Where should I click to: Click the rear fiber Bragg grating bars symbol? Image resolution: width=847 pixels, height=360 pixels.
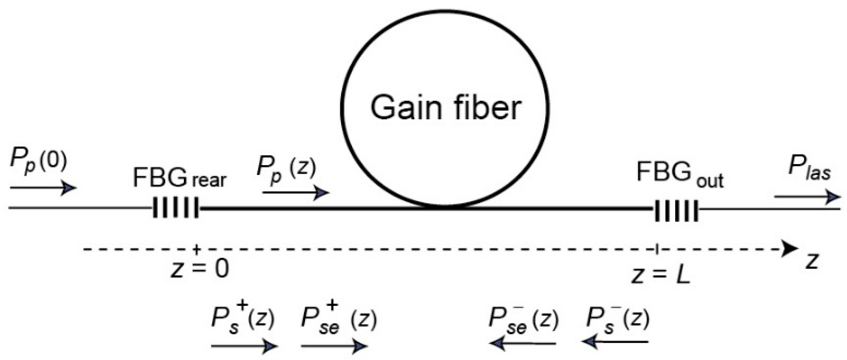point(176,208)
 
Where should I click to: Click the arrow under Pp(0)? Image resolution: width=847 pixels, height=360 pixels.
point(43,188)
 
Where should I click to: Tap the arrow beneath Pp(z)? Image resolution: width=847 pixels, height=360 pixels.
point(296,193)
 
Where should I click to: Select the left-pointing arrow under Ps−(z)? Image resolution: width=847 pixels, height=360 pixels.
point(615,342)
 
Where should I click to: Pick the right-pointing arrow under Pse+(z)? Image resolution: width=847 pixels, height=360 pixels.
point(334,346)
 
